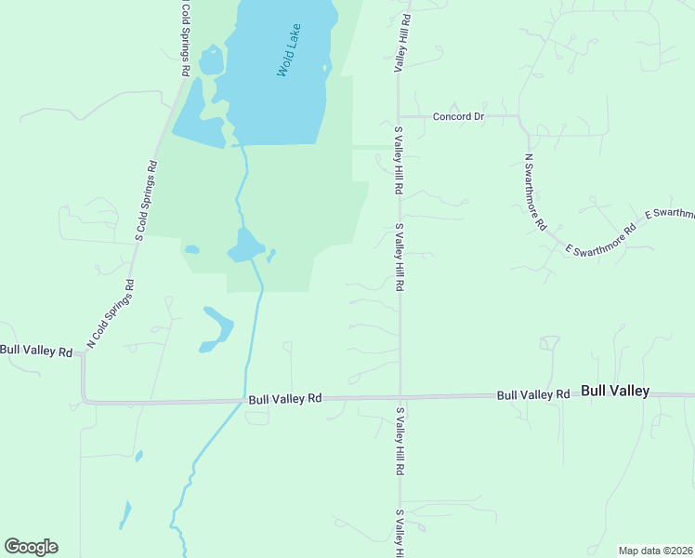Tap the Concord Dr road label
460,116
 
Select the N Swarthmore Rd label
535,192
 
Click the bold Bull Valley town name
615,392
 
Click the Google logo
31,547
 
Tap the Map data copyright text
654,551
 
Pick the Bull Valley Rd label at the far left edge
36,351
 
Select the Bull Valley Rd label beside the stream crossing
284,398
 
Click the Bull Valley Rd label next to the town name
532,394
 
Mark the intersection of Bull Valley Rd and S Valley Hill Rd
400,396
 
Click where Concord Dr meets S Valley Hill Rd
399,117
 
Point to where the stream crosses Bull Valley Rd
244,401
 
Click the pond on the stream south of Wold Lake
245,246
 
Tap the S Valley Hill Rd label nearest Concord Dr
399,160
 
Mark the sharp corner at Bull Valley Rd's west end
84,401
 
